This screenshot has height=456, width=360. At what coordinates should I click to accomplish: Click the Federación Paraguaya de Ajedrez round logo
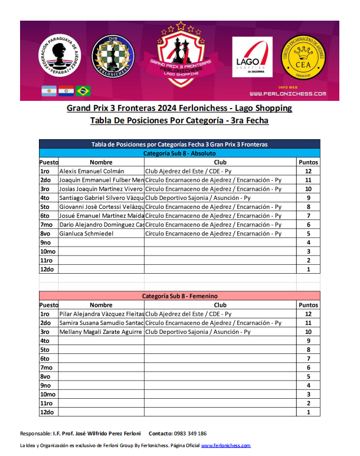60,57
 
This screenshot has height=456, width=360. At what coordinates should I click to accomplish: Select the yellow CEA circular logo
303,57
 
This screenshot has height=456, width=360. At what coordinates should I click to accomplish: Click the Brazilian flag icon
83,91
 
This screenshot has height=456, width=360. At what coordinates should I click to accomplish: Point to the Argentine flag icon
48,91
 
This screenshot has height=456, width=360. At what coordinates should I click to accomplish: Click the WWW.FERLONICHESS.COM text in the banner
287,94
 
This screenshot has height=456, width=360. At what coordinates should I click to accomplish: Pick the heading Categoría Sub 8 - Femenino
180,296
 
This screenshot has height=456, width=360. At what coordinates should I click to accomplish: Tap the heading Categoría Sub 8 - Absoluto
180,153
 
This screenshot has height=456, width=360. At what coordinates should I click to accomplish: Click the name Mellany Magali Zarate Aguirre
102,332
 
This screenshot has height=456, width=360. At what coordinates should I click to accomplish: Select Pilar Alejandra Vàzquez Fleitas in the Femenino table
102,314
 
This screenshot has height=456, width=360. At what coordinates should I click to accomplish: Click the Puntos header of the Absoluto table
308,162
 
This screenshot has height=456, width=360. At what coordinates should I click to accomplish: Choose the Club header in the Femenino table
220,305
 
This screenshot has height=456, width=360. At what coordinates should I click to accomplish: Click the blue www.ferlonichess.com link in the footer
226,445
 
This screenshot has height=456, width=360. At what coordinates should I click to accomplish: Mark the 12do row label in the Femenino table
47,412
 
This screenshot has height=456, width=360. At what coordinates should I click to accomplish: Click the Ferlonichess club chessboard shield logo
112,57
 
